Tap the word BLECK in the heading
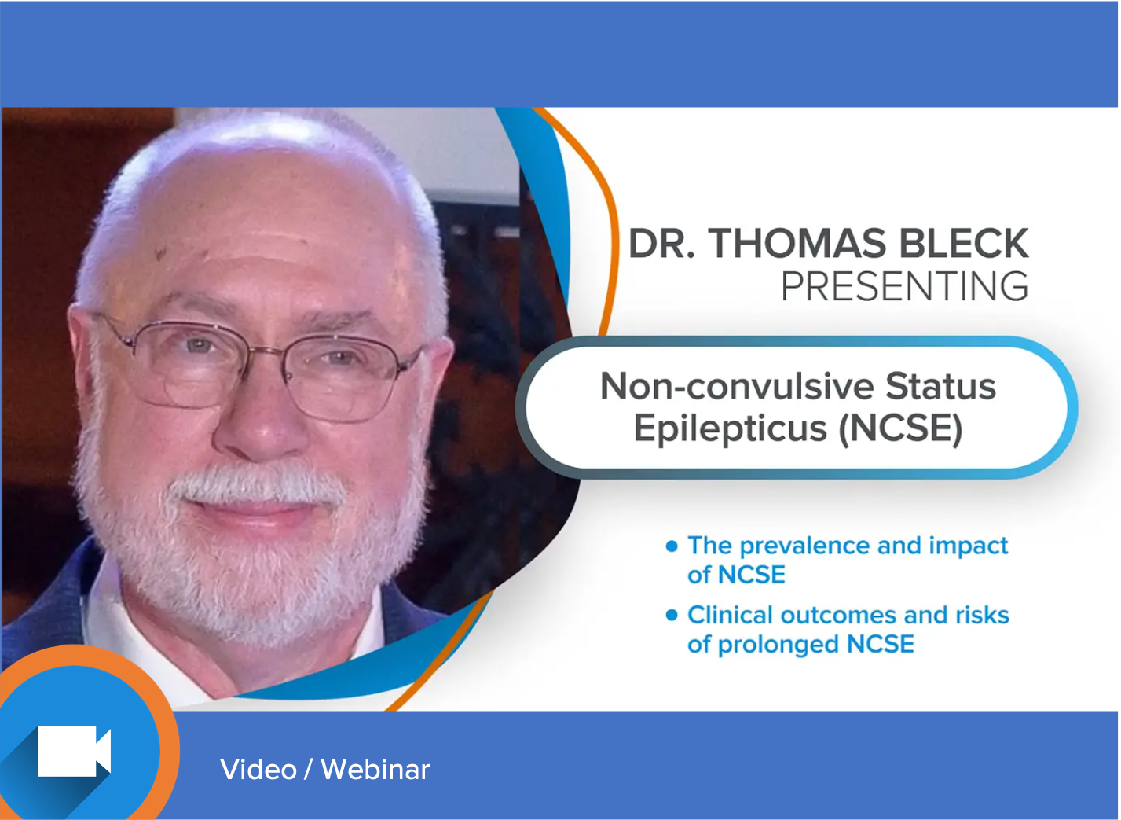click(964, 244)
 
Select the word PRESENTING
click(905, 286)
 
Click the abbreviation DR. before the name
click(661, 244)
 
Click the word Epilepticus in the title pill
click(730, 429)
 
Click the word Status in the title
click(941, 386)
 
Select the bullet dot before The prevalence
click(672, 546)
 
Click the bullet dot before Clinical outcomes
click(672, 615)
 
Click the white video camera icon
click(74, 750)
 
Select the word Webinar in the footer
click(375, 769)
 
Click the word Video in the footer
click(258, 769)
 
